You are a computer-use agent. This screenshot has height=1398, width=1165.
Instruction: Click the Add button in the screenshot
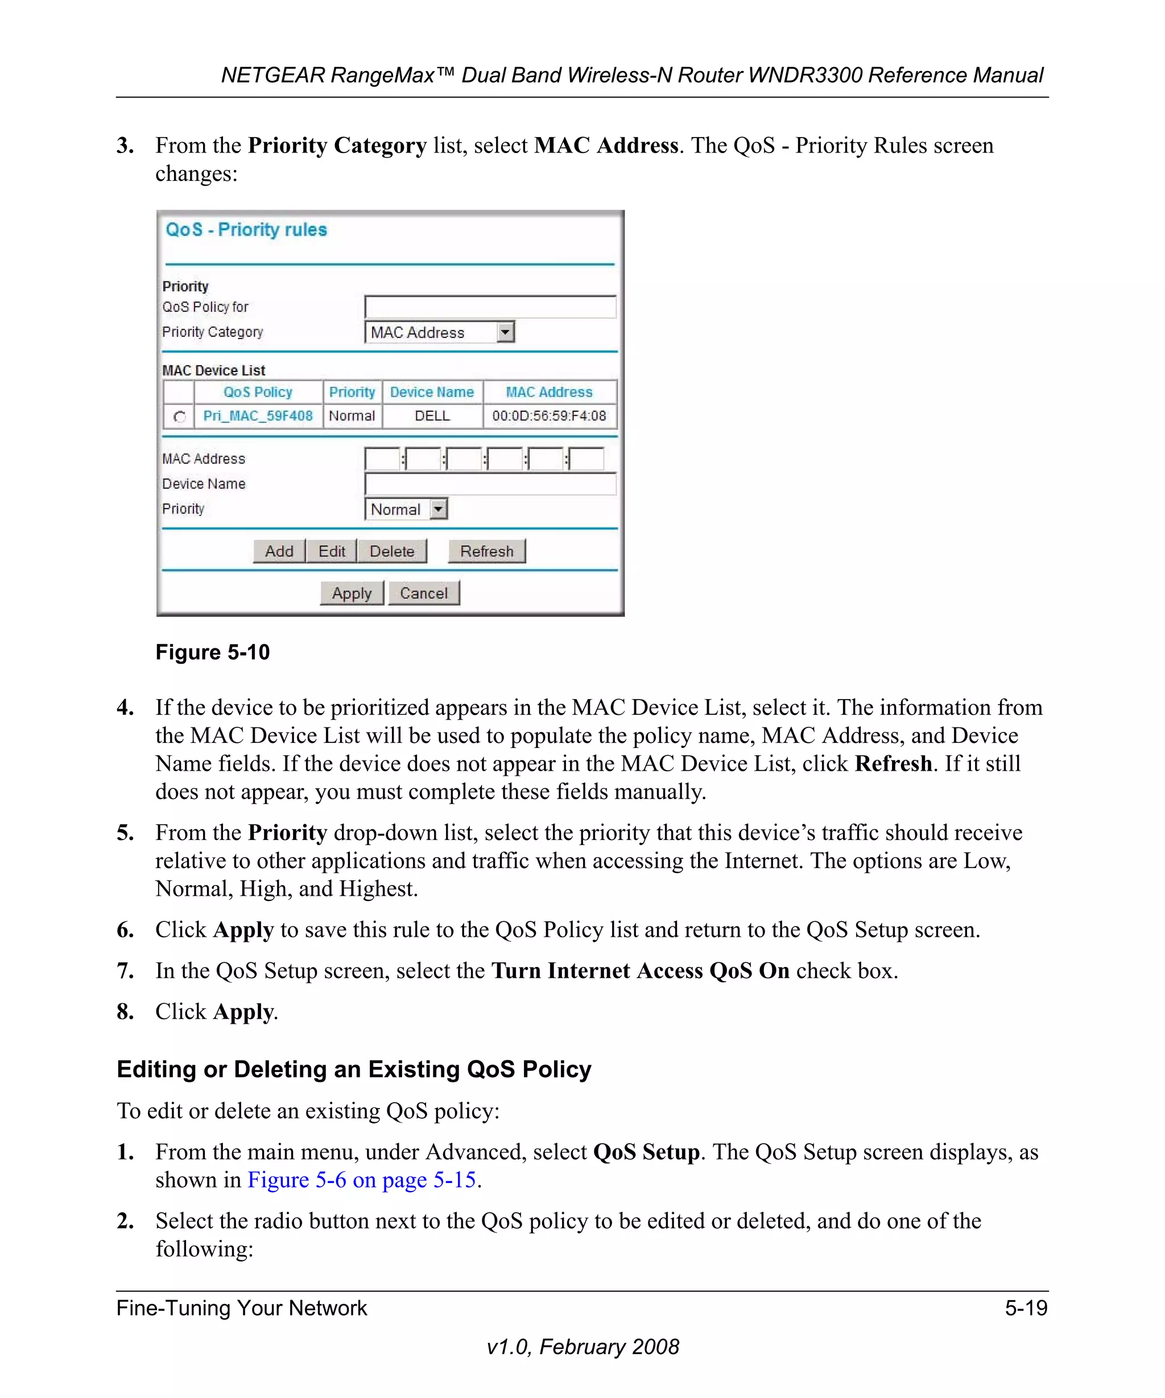pyautogui.click(x=279, y=551)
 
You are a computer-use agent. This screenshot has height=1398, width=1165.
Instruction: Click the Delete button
pyautogui.click(x=391, y=551)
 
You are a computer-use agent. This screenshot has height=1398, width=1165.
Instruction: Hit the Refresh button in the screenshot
pyautogui.click(x=486, y=551)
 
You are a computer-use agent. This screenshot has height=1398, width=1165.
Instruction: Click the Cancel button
pyautogui.click(x=423, y=593)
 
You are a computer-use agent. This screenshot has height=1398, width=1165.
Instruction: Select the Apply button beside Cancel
pyautogui.click(x=352, y=593)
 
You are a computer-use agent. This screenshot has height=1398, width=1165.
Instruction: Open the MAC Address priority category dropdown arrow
pyautogui.click(x=506, y=332)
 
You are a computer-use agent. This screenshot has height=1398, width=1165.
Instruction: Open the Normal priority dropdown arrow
pyautogui.click(x=438, y=509)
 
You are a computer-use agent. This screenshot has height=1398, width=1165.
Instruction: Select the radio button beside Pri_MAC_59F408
pyautogui.click(x=179, y=417)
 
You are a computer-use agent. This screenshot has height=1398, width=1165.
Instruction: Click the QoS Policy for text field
pyautogui.click(x=490, y=307)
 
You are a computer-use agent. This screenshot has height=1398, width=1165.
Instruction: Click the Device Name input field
pyautogui.click(x=490, y=484)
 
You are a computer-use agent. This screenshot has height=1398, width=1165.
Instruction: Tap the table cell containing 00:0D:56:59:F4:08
pyautogui.click(x=549, y=416)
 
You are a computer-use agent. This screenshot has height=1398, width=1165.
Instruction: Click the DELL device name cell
pyautogui.click(x=432, y=416)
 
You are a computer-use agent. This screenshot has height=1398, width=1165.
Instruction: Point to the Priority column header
pyautogui.click(x=352, y=392)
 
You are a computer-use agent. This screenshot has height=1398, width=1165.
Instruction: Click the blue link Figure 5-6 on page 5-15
pyautogui.click(x=361, y=1180)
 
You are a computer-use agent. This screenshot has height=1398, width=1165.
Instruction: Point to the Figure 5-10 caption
pyautogui.click(x=212, y=652)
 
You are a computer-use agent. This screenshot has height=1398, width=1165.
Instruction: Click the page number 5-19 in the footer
pyautogui.click(x=1026, y=1308)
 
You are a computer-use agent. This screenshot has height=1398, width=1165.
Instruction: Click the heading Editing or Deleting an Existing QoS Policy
pyautogui.click(x=353, y=1069)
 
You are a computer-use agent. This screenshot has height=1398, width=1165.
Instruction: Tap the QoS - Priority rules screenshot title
pyautogui.click(x=246, y=230)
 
